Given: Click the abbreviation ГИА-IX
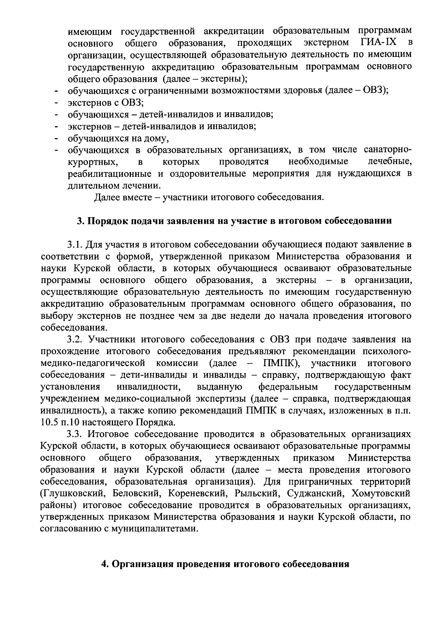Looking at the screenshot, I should tap(379, 43).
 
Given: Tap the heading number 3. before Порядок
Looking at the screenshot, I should tap(80, 221).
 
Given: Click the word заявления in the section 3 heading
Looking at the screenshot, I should tap(190, 221).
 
